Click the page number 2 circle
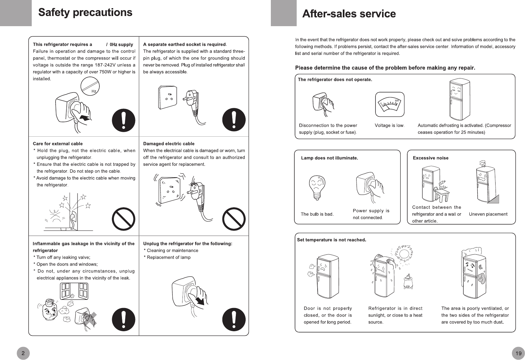point(23,353)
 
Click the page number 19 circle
point(518,353)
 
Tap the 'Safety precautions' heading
point(85,12)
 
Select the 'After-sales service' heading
point(349,14)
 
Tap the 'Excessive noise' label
point(430,158)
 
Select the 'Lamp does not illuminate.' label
point(329,158)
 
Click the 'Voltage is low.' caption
point(390,125)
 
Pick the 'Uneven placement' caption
point(488,214)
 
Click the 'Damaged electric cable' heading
point(169,144)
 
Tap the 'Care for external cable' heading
point(58,144)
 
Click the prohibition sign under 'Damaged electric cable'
point(234,219)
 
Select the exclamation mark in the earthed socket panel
point(234,119)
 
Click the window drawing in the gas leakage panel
point(74,291)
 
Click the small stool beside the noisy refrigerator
point(441,195)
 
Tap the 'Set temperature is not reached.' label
point(331,240)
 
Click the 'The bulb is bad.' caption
point(317,214)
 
